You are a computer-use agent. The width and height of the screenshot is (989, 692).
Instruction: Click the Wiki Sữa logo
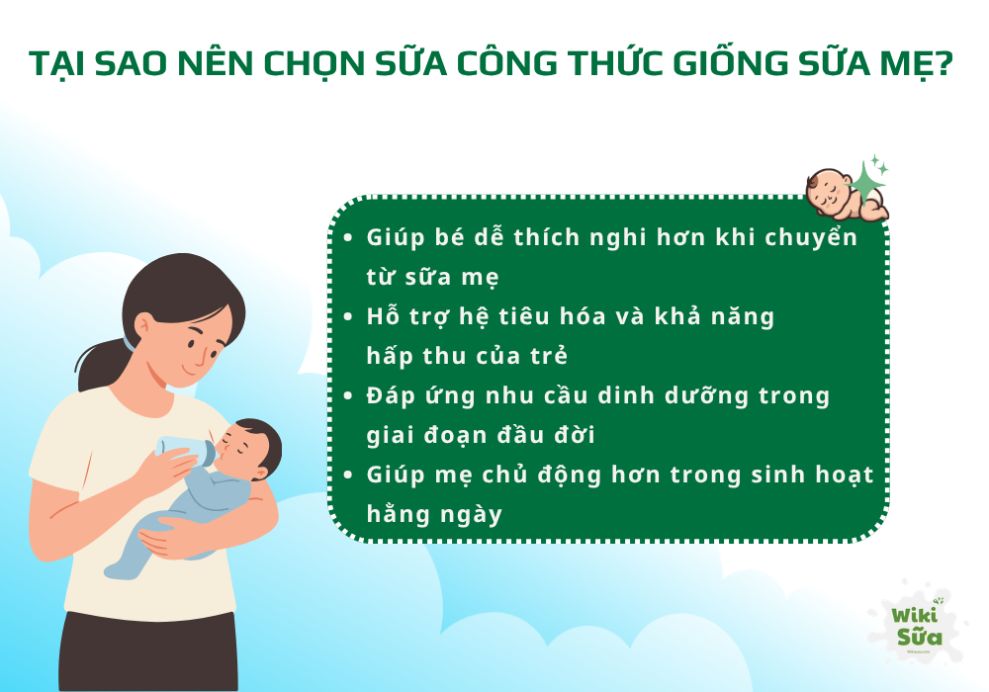coord(915,628)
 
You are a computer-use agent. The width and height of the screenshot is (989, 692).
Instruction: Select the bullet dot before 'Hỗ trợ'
coord(348,317)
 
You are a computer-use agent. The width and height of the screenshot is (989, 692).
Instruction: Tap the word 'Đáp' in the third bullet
coord(390,396)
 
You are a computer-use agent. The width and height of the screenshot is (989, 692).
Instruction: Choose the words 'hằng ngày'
coord(434,515)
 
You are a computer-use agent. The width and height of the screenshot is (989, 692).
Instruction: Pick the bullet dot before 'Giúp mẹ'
coord(348,476)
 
